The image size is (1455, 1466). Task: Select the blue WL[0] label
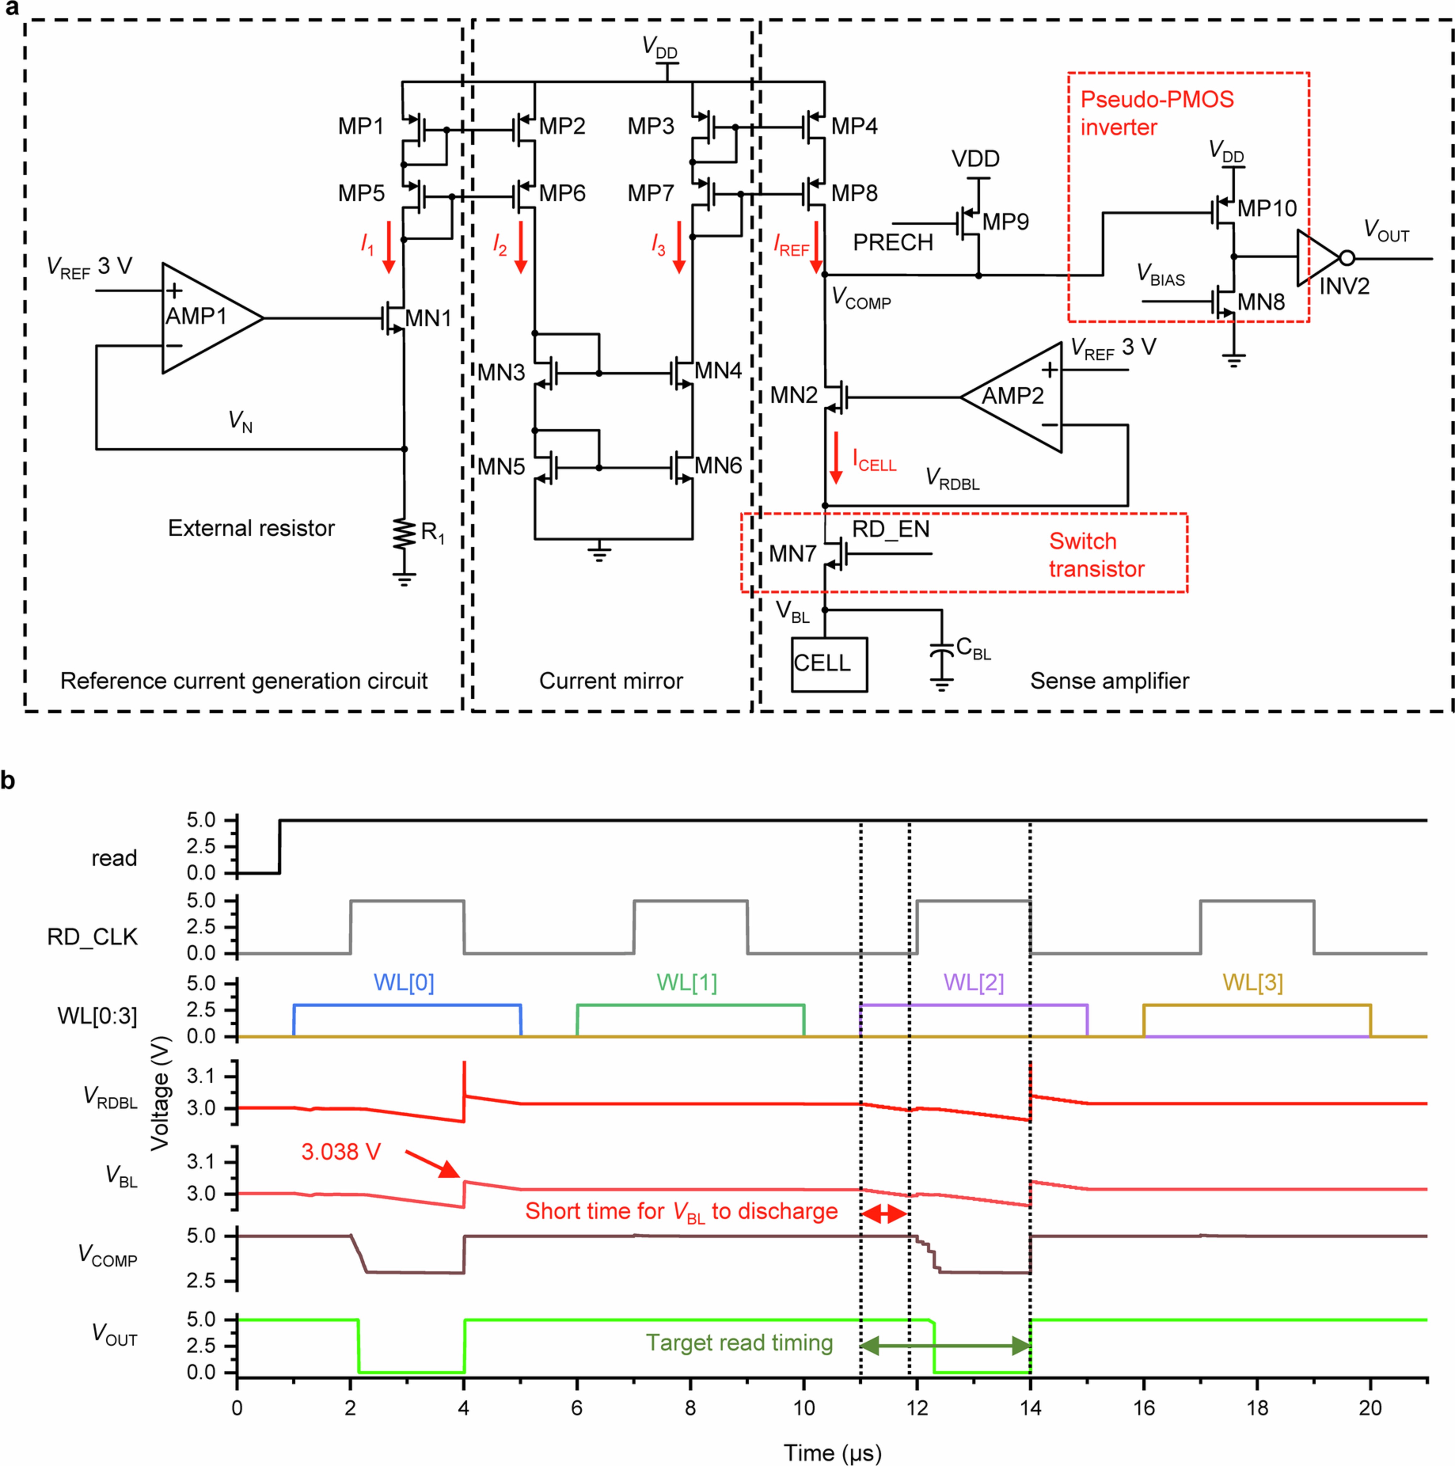tap(404, 983)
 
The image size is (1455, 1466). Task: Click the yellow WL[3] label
tap(1252, 983)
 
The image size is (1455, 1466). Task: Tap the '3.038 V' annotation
tap(341, 1152)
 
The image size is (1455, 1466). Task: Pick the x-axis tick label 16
tap(1143, 1408)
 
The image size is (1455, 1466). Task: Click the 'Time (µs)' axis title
tap(832, 1452)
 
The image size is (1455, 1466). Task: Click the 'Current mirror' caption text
tap(611, 681)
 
